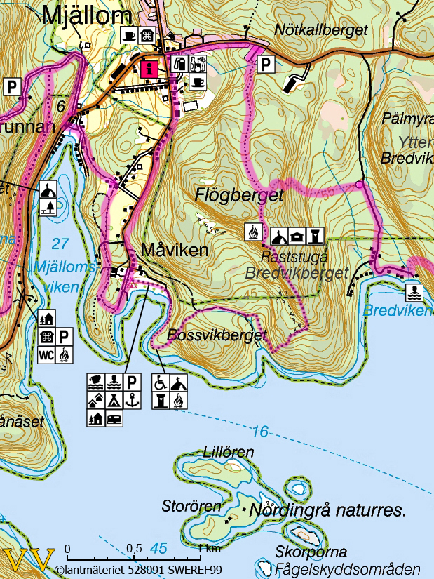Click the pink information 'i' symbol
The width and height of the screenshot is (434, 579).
click(149, 69)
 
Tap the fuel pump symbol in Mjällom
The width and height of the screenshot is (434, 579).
click(180, 65)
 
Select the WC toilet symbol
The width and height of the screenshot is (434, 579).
click(47, 354)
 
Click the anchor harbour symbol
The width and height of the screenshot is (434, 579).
click(133, 400)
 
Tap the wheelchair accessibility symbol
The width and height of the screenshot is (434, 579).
click(161, 383)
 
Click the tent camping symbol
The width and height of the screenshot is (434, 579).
click(114, 400)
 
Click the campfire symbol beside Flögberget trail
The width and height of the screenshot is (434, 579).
click(253, 233)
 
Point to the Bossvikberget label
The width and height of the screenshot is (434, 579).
click(217, 335)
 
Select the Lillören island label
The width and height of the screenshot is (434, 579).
click(229, 452)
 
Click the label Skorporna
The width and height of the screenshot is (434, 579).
click(311, 552)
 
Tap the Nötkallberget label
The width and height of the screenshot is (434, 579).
click(321, 29)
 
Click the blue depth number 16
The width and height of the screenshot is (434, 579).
click(259, 432)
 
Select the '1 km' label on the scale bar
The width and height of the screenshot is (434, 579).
click(208, 548)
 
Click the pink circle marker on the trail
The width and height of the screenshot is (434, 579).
click(359, 185)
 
